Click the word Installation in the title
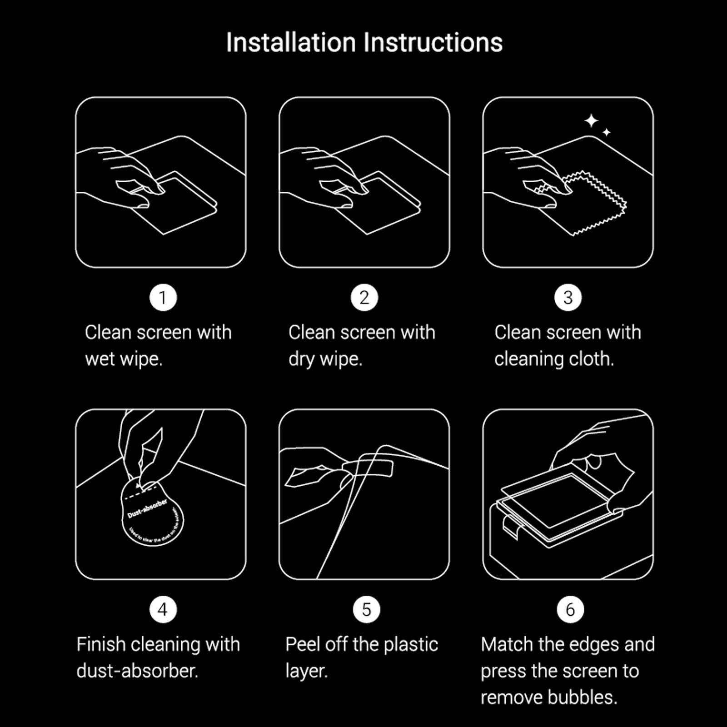tap(291, 43)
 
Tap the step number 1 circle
tap(163, 298)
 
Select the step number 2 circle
tap(364, 298)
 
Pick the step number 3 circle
tap(568, 298)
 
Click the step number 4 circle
tap(163, 609)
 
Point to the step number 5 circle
tap(366, 609)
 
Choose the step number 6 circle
tap(570, 609)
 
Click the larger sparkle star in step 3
tap(591, 121)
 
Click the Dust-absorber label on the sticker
tap(148, 509)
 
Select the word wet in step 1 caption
tap(100, 359)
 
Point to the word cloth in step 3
tap(593, 359)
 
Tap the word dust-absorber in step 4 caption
tap(137, 671)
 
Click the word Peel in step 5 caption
tap(303, 645)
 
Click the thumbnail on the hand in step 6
tap(593, 463)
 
